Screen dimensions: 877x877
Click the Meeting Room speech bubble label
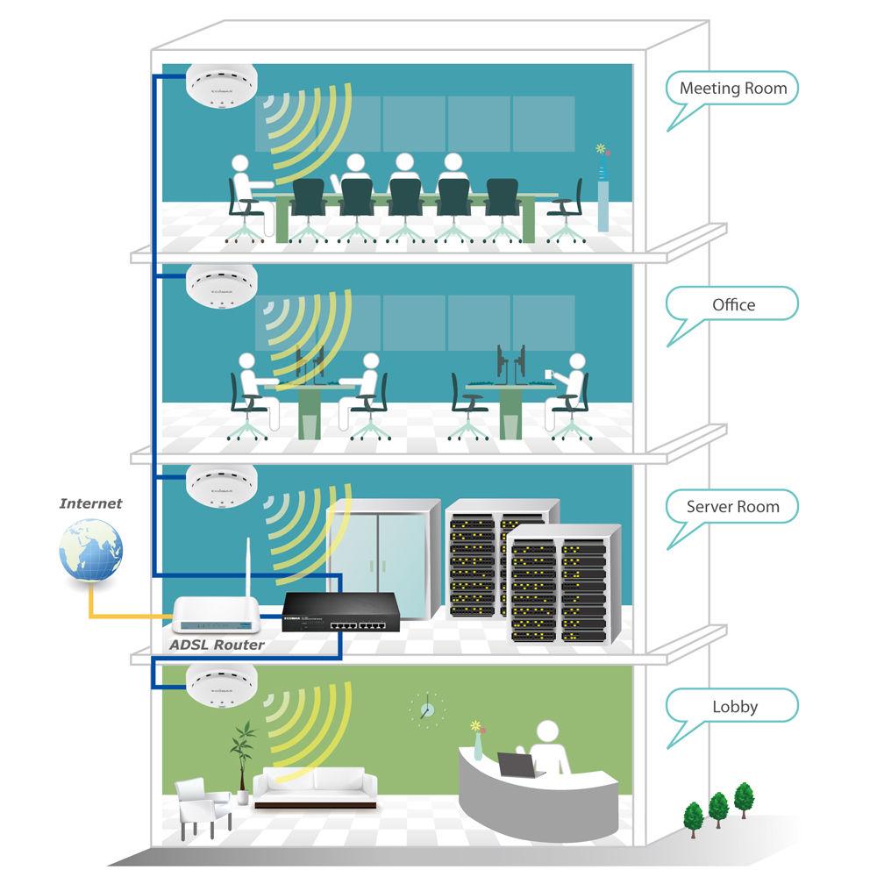[733, 89]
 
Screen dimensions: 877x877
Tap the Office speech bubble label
[733, 305]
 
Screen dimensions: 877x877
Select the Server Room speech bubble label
[732, 507]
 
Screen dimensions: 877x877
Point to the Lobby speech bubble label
[734, 707]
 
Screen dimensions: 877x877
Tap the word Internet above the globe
[90, 503]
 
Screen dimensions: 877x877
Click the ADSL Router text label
[217, 645]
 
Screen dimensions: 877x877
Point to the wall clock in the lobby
[426, 708]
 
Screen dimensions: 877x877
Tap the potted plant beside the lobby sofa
[242, 754]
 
